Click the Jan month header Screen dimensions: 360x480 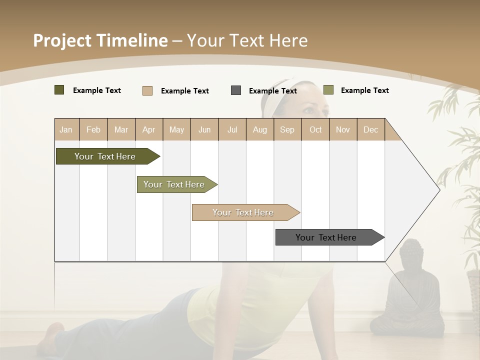pyautogui.click(x=66, y=129)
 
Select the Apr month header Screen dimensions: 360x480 pyautogui.click(x=148, y=129)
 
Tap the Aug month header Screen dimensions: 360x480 pyautogui.click(x=259, y=129)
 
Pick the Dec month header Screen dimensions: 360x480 pyautogui.click(x=370, y=129)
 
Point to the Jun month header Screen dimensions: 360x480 pyautogui.click(x=204, y=129)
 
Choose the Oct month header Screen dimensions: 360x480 pyautogui.click(x=315, y=129)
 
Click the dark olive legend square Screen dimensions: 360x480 pyautogui.click(x=59, y=90)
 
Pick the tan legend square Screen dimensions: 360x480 pyautogui.click(x=147, y=90)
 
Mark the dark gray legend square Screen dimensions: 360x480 pyautogui.click(x=236, y=90)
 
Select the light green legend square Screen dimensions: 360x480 pyautogui.click(x=328, y=90)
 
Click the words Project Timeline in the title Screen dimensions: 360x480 pyautogui.click(x=100, y=40)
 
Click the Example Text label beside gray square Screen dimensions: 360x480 pyautogui.click(x=272, y=91)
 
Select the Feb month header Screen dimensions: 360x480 pyautogui.click(x=93, y=129)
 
